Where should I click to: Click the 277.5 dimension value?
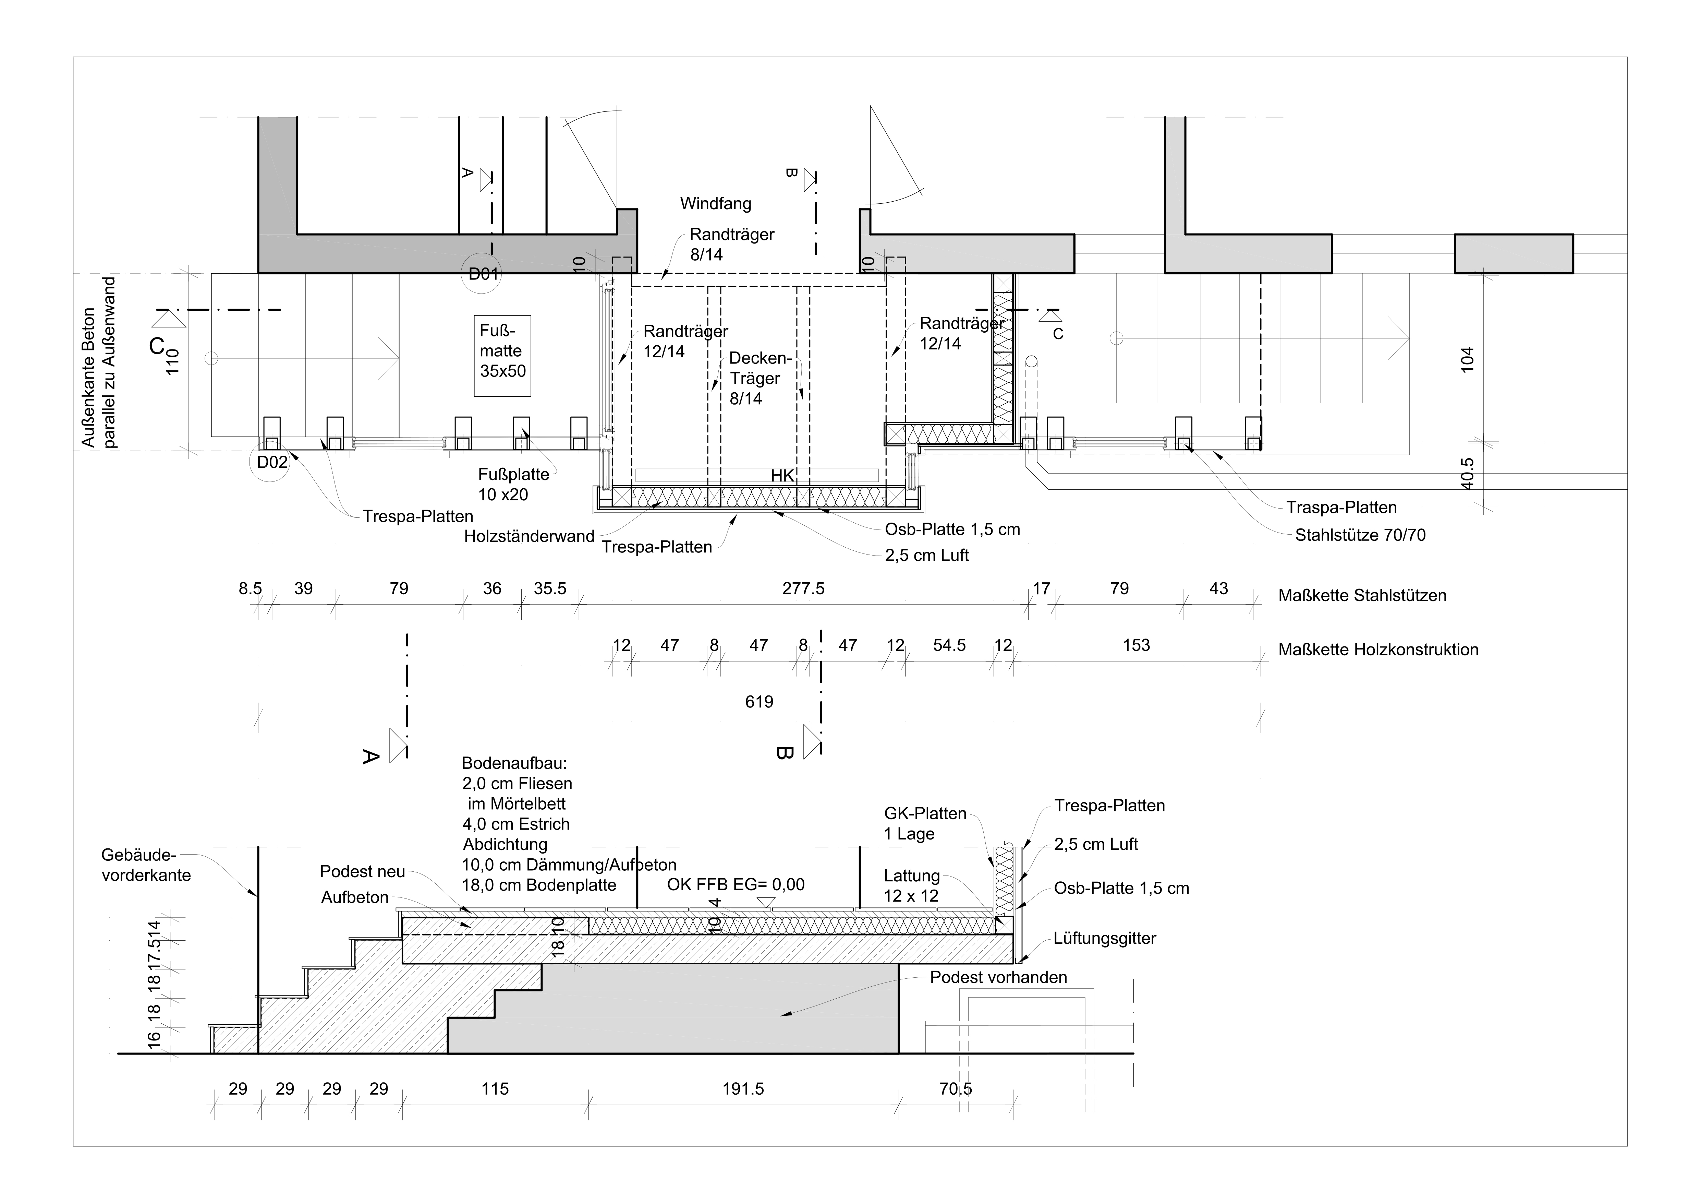[x=803, y=588]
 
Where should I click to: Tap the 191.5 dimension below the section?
[x=743, y=1089]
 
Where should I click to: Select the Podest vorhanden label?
[x=999, y=977]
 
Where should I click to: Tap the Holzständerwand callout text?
[x=529, y=536]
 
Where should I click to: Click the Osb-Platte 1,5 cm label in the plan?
[x=953, y=529]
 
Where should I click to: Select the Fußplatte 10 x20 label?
[x=513, y=484]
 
